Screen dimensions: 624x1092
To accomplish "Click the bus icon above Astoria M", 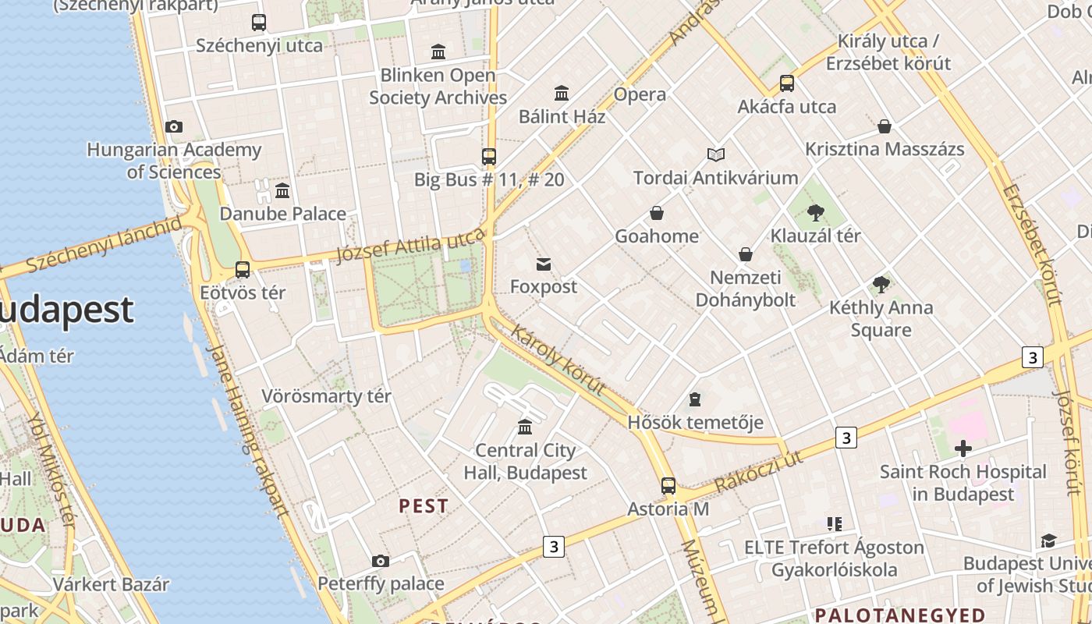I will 668,485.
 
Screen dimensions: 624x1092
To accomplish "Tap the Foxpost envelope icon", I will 544,264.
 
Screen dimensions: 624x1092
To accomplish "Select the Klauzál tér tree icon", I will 816,212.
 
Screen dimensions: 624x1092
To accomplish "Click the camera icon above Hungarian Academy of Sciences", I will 174,126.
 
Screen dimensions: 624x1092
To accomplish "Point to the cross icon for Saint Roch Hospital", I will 963,448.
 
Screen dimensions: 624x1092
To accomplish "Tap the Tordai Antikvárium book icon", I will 715,154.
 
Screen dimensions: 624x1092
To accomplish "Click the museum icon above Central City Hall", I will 525,427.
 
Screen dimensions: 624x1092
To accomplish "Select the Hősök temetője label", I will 695,422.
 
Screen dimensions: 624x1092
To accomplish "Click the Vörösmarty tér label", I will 326,396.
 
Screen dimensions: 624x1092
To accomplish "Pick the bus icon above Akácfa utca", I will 787,83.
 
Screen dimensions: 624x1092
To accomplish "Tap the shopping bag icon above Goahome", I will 657,213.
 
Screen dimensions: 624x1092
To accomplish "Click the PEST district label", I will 424,506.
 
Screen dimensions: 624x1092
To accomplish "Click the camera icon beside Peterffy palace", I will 381,561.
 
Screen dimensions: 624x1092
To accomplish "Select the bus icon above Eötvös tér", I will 243,270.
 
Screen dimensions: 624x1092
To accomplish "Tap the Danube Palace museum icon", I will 282,190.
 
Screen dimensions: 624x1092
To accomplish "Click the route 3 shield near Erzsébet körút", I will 1032,357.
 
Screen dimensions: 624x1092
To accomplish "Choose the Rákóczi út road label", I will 758,471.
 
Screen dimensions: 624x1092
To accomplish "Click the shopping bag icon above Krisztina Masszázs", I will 885,126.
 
